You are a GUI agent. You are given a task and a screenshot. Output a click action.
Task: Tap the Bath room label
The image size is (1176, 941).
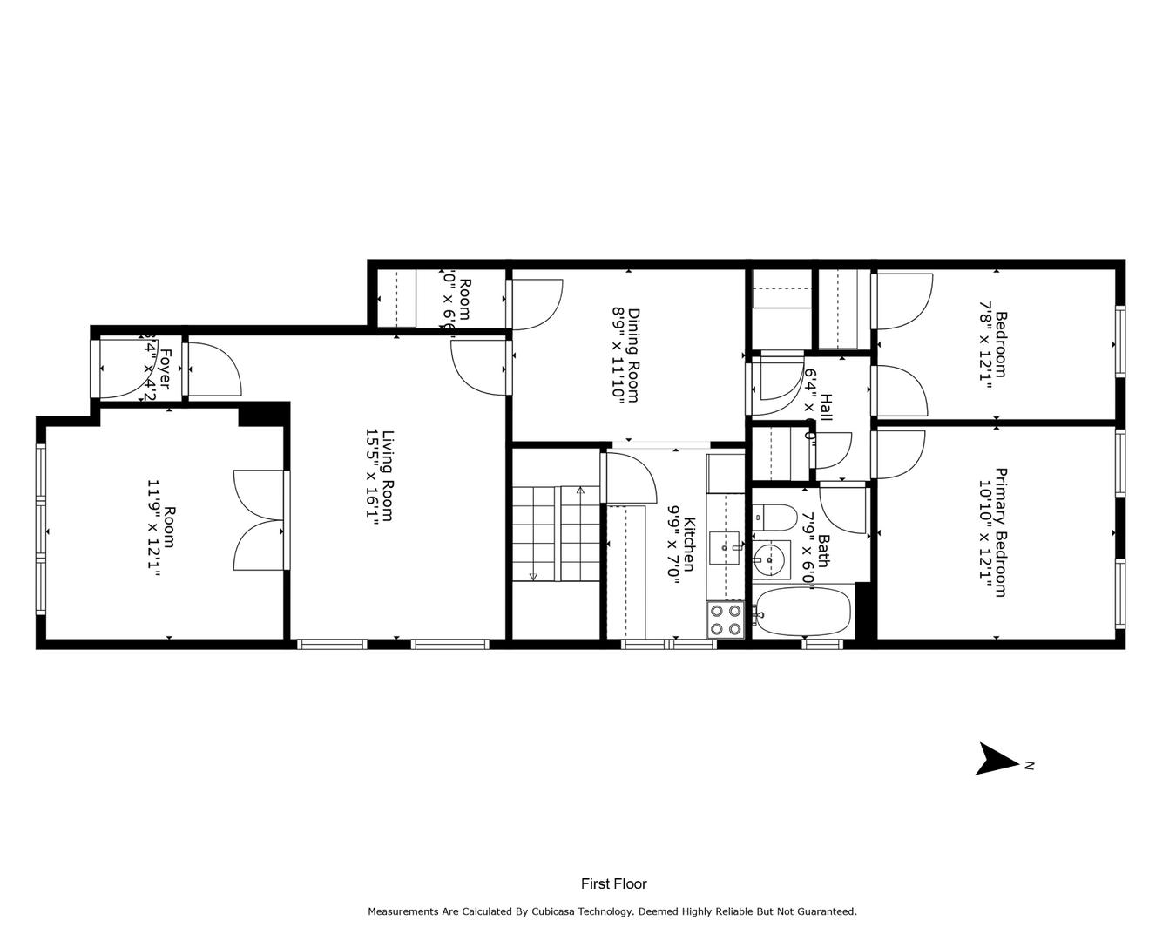tap(822, 551)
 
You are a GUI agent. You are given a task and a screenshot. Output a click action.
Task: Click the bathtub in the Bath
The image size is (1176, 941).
tap(802, 613)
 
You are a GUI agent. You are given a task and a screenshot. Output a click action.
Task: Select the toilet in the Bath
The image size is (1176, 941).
tap(774, 518)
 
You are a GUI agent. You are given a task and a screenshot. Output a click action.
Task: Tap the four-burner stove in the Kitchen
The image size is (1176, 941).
tap(725, 619)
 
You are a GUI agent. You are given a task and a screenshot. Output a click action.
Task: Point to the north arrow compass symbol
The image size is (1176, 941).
tap(998, 759)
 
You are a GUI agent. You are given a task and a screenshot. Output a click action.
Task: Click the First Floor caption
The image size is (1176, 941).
tap(614, 883)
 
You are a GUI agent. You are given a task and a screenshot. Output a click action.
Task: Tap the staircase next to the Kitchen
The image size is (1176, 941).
tap(554, 533)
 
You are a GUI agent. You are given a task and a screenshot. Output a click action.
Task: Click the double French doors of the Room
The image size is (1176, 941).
tap(260, 521)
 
